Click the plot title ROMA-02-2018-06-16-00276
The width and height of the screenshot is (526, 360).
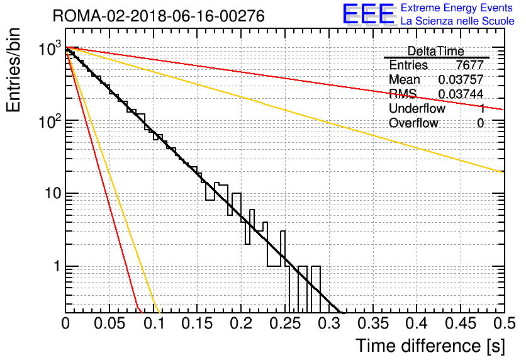[x=159, y=16]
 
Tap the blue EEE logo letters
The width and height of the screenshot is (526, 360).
[x=369, y=14]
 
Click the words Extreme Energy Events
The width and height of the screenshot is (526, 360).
[x=457, y=8]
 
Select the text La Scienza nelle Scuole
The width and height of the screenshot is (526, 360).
[x=457, y=21]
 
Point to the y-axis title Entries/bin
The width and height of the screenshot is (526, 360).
[x=14, y=70]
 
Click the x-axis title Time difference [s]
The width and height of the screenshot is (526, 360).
[x=430, y=346]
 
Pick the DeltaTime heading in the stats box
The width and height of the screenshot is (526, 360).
[x=436, y=52]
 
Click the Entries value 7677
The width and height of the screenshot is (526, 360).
[x=469, y=65]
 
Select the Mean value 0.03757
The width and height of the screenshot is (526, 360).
[x=461, y=79]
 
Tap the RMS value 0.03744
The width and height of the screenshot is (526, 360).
[x=461, y=94]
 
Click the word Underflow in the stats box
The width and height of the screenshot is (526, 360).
[x=417, y=108]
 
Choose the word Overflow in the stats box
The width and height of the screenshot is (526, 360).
[x=413, y=123]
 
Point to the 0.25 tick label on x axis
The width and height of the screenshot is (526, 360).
[x=285, y=323]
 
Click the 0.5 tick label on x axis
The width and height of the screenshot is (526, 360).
[x=505, y=323]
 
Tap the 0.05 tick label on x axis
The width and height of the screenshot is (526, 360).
[x=109, y=323]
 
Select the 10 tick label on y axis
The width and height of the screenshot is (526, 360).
[x=53, y=193]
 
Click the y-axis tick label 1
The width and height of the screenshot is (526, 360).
[x=57, y=266]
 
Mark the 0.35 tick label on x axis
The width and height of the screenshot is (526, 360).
[x=373, y=323]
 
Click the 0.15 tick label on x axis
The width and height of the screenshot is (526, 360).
[x=198, y=323]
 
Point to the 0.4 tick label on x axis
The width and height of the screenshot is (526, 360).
[x=417, y=323]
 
